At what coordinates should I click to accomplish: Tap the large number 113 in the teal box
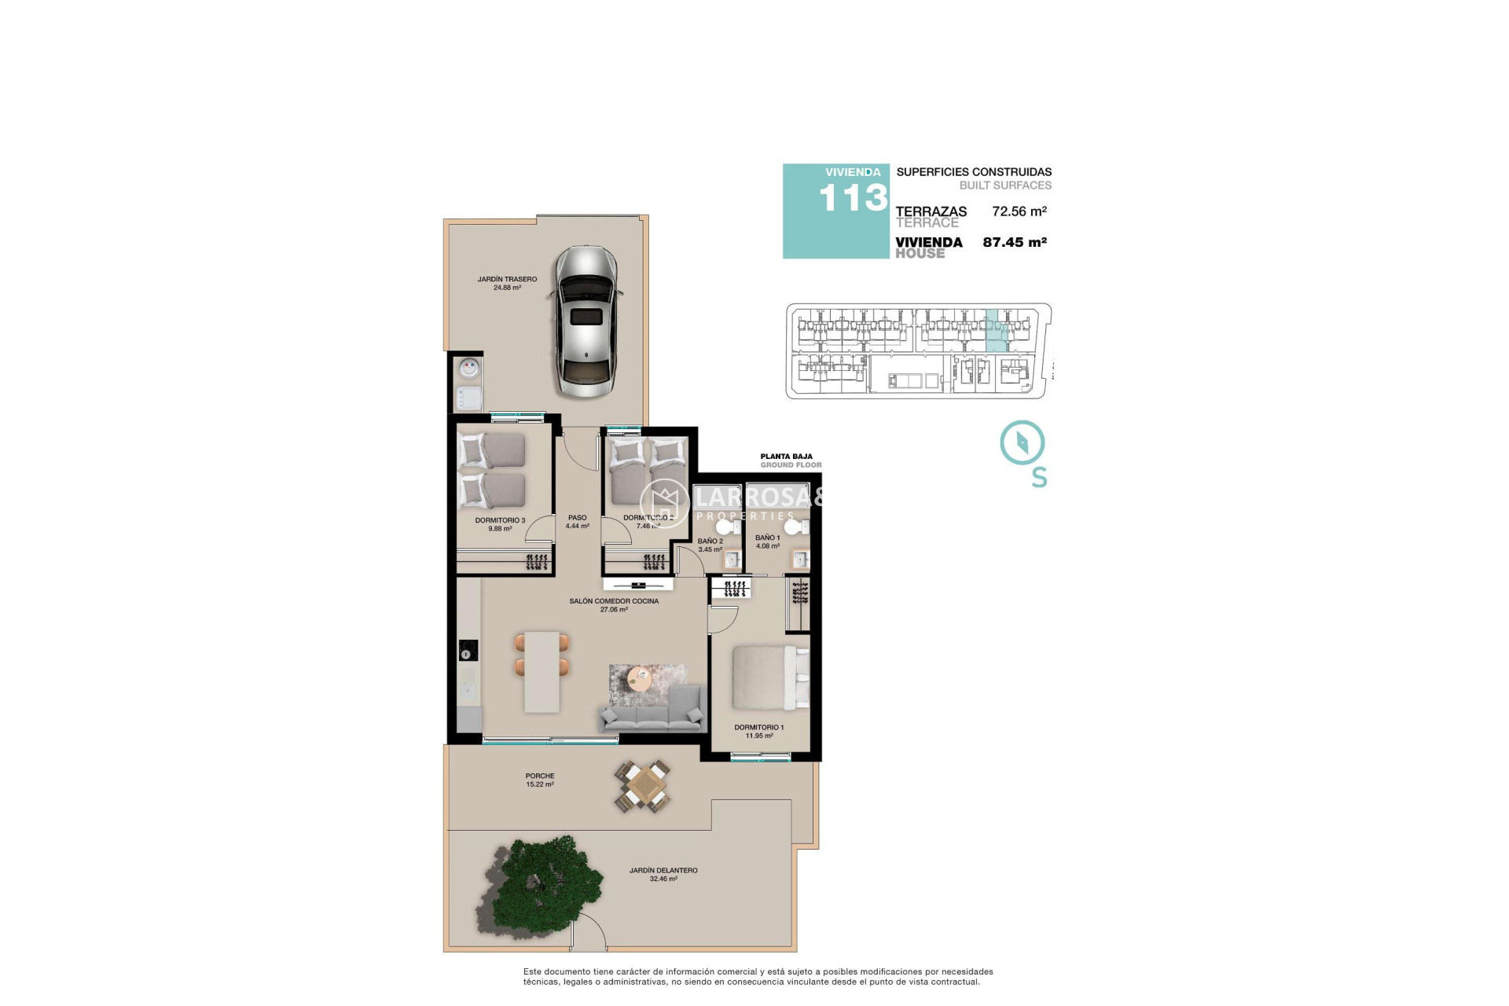click(x=853, y=198)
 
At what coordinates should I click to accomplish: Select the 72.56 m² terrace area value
click(x=1019, y=211)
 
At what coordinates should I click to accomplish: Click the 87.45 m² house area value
click(x=1014, y=242)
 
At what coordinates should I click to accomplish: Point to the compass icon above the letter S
click(x=1022, y=442)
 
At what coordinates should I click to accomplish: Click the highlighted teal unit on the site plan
click(x=997, y=331)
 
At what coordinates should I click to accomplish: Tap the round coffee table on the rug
click(x=640, y=677)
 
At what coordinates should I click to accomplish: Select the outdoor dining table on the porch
click(x=644, y=786)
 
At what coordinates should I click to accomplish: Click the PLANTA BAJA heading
click(x=786, y=457)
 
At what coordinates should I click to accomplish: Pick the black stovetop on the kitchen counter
click(x=468, y=651)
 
